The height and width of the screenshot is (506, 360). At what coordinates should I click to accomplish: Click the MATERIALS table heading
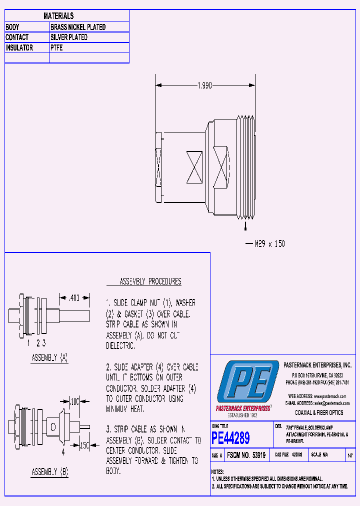58,16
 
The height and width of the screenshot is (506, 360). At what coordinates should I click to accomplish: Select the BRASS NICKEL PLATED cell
78,27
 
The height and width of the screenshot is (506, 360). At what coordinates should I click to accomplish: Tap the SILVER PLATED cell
69,37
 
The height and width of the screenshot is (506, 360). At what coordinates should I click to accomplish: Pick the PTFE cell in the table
56,48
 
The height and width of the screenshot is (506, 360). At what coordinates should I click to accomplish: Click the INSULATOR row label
19,48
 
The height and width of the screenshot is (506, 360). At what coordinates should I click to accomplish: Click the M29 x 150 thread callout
269,244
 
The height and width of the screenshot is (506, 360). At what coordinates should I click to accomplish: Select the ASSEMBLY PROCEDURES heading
150,282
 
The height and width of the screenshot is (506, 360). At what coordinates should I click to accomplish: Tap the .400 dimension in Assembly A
74,298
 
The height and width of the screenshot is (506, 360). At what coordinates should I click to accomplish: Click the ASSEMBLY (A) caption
49,358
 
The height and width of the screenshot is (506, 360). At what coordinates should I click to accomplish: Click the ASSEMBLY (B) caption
49,471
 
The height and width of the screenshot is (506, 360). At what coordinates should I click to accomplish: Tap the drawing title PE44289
230,438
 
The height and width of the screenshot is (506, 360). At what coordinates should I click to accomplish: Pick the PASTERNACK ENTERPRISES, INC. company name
317,365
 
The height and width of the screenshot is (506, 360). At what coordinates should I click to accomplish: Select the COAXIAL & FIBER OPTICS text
319,412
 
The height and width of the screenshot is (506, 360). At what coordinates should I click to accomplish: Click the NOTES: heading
217,471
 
